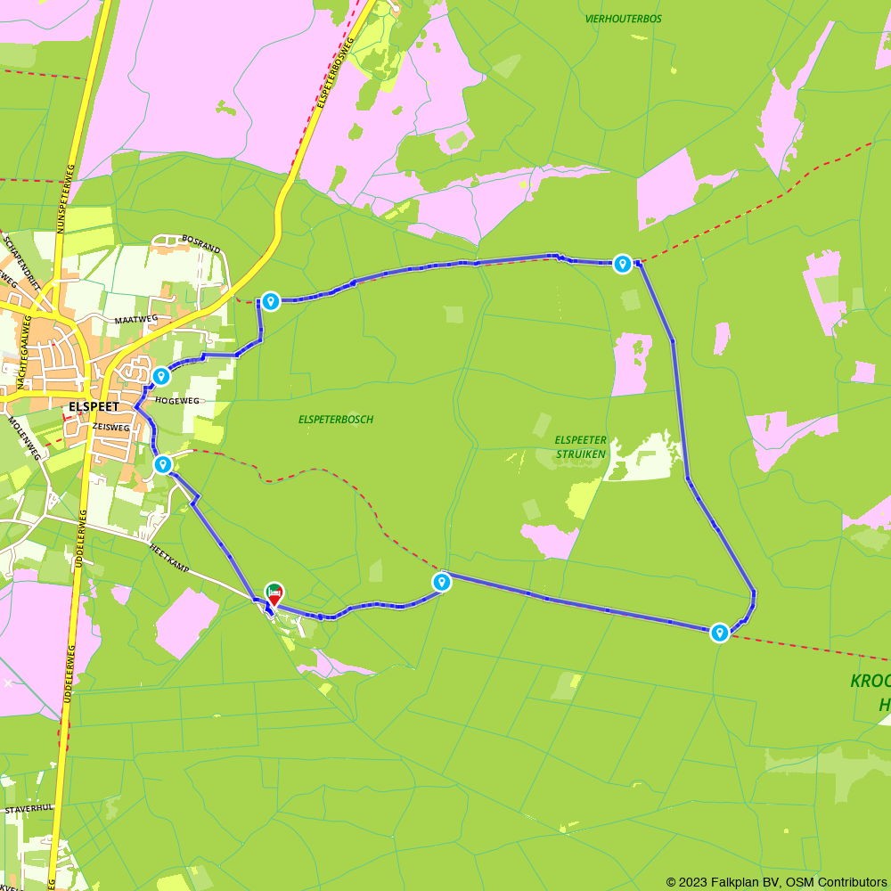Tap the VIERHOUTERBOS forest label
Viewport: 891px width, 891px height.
pyautogui.click(x=624, y=18)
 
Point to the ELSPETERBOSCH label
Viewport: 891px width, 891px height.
pyautogui.click(x=336, y=419)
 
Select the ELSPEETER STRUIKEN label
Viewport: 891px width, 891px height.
pyautogui.click(x=580, y=446)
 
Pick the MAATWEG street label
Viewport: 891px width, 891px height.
pyautogui.click(x=135, y=318)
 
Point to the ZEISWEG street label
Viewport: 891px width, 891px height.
pyautogui.click(x=110, y=428)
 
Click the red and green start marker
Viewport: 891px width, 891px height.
pyautogui.click(x=274, y=593)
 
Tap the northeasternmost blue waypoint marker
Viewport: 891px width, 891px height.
pyautogui.click(x=623, y=264)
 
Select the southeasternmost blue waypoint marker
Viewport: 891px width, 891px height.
pyautogui.click(x=720, y=633)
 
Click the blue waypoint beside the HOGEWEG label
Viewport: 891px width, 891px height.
pyautogui.click(x=161, y=377)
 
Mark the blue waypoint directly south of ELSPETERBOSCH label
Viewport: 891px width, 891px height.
pyautogui.click(x=441, y=582)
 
